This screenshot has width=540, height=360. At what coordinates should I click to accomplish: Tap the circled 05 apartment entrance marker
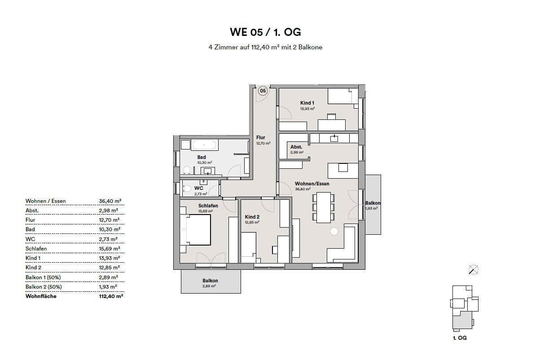(x=263, y=91)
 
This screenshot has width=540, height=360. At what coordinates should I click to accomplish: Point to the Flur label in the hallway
(x=261, y=137)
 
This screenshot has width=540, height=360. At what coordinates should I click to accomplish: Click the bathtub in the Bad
(x=205, y=145)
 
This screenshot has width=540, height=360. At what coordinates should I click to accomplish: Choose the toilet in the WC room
(x=187, y=189)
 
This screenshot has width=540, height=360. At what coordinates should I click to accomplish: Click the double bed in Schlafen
(x=195, y=230)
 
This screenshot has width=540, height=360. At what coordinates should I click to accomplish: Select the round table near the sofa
(x=334, y=232)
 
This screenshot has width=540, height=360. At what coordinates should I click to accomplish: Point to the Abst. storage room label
(x=296, y=147)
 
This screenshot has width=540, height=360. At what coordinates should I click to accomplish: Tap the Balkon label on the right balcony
(x=373, y=202)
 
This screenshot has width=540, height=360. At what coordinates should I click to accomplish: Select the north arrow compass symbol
(x=473, y=269)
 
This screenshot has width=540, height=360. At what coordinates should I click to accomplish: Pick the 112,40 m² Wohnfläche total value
(x=108, y=296)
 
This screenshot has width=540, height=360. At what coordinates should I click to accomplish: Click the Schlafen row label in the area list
(x=36, y=248)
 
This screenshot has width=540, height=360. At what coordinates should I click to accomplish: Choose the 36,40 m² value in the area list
(x=108, y=201)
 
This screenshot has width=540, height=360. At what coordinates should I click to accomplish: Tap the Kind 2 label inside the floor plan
(x=252, y=217)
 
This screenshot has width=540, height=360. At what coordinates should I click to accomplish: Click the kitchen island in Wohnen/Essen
(x=343, y=170)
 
